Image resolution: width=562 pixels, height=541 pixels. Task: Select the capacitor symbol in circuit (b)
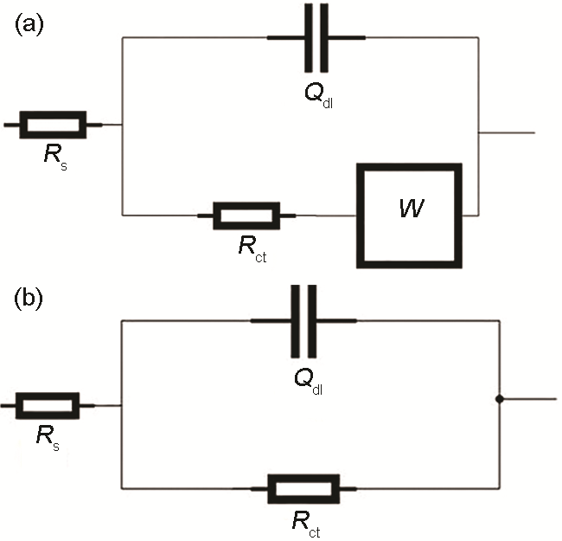[304, 321]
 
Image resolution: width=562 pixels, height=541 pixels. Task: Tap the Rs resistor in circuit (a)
[53, 125]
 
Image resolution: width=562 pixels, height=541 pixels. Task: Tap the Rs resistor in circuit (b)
[48, 404]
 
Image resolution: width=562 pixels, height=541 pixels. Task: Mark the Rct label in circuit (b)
[303, 522]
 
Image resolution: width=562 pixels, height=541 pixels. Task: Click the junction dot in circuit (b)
[500, 399]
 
